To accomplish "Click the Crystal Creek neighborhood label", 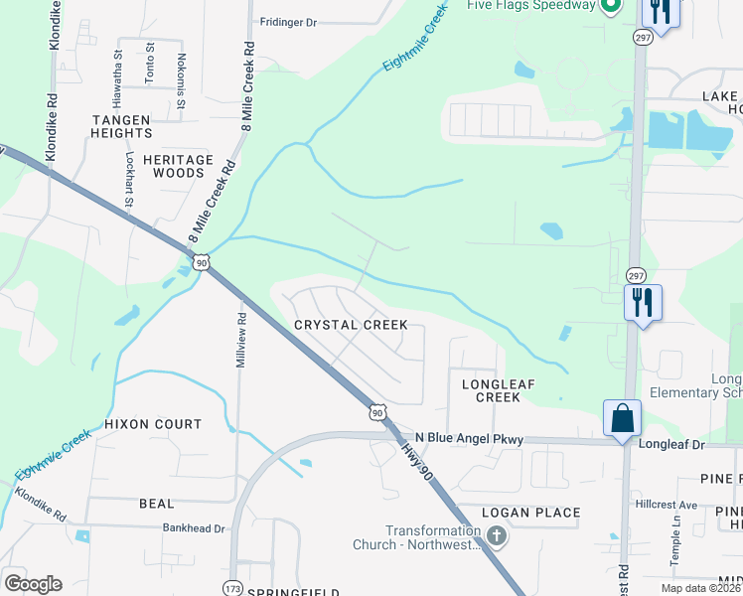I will [351, 325].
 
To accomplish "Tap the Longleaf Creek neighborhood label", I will [491, 389].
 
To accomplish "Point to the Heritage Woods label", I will [178, 166].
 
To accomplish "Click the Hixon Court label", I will [153, 424].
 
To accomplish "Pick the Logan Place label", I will [530, 513].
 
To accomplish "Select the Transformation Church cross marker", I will [497, 536].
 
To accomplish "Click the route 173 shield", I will [232, 586].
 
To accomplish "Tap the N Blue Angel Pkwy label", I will [469, 438].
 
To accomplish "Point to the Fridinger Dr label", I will [287, 21].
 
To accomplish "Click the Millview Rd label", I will [240, 341].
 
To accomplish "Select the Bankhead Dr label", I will [195, 529].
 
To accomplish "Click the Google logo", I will [33, 584].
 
